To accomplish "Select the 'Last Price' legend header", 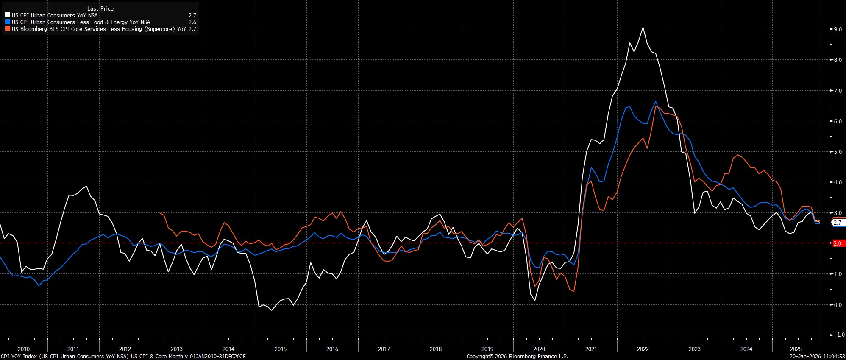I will [x=100, y=8].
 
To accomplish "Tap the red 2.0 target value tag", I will [x=837, y=243].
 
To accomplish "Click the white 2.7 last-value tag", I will [x=837, y=223].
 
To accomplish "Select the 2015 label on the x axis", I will [x=281, y=349].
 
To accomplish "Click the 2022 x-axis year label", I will [x=643, y=349].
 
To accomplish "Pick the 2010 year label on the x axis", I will [x=24, y=349].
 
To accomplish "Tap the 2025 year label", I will [x=796, y=349].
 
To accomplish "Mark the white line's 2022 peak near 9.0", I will [x=643, y=27].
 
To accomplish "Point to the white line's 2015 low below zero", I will [x=272, y=310].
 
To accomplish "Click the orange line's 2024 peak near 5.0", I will [x=738, y=155].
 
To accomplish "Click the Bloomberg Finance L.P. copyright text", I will [x=517, y=357].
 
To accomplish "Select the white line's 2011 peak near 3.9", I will [x=87, y=186].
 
